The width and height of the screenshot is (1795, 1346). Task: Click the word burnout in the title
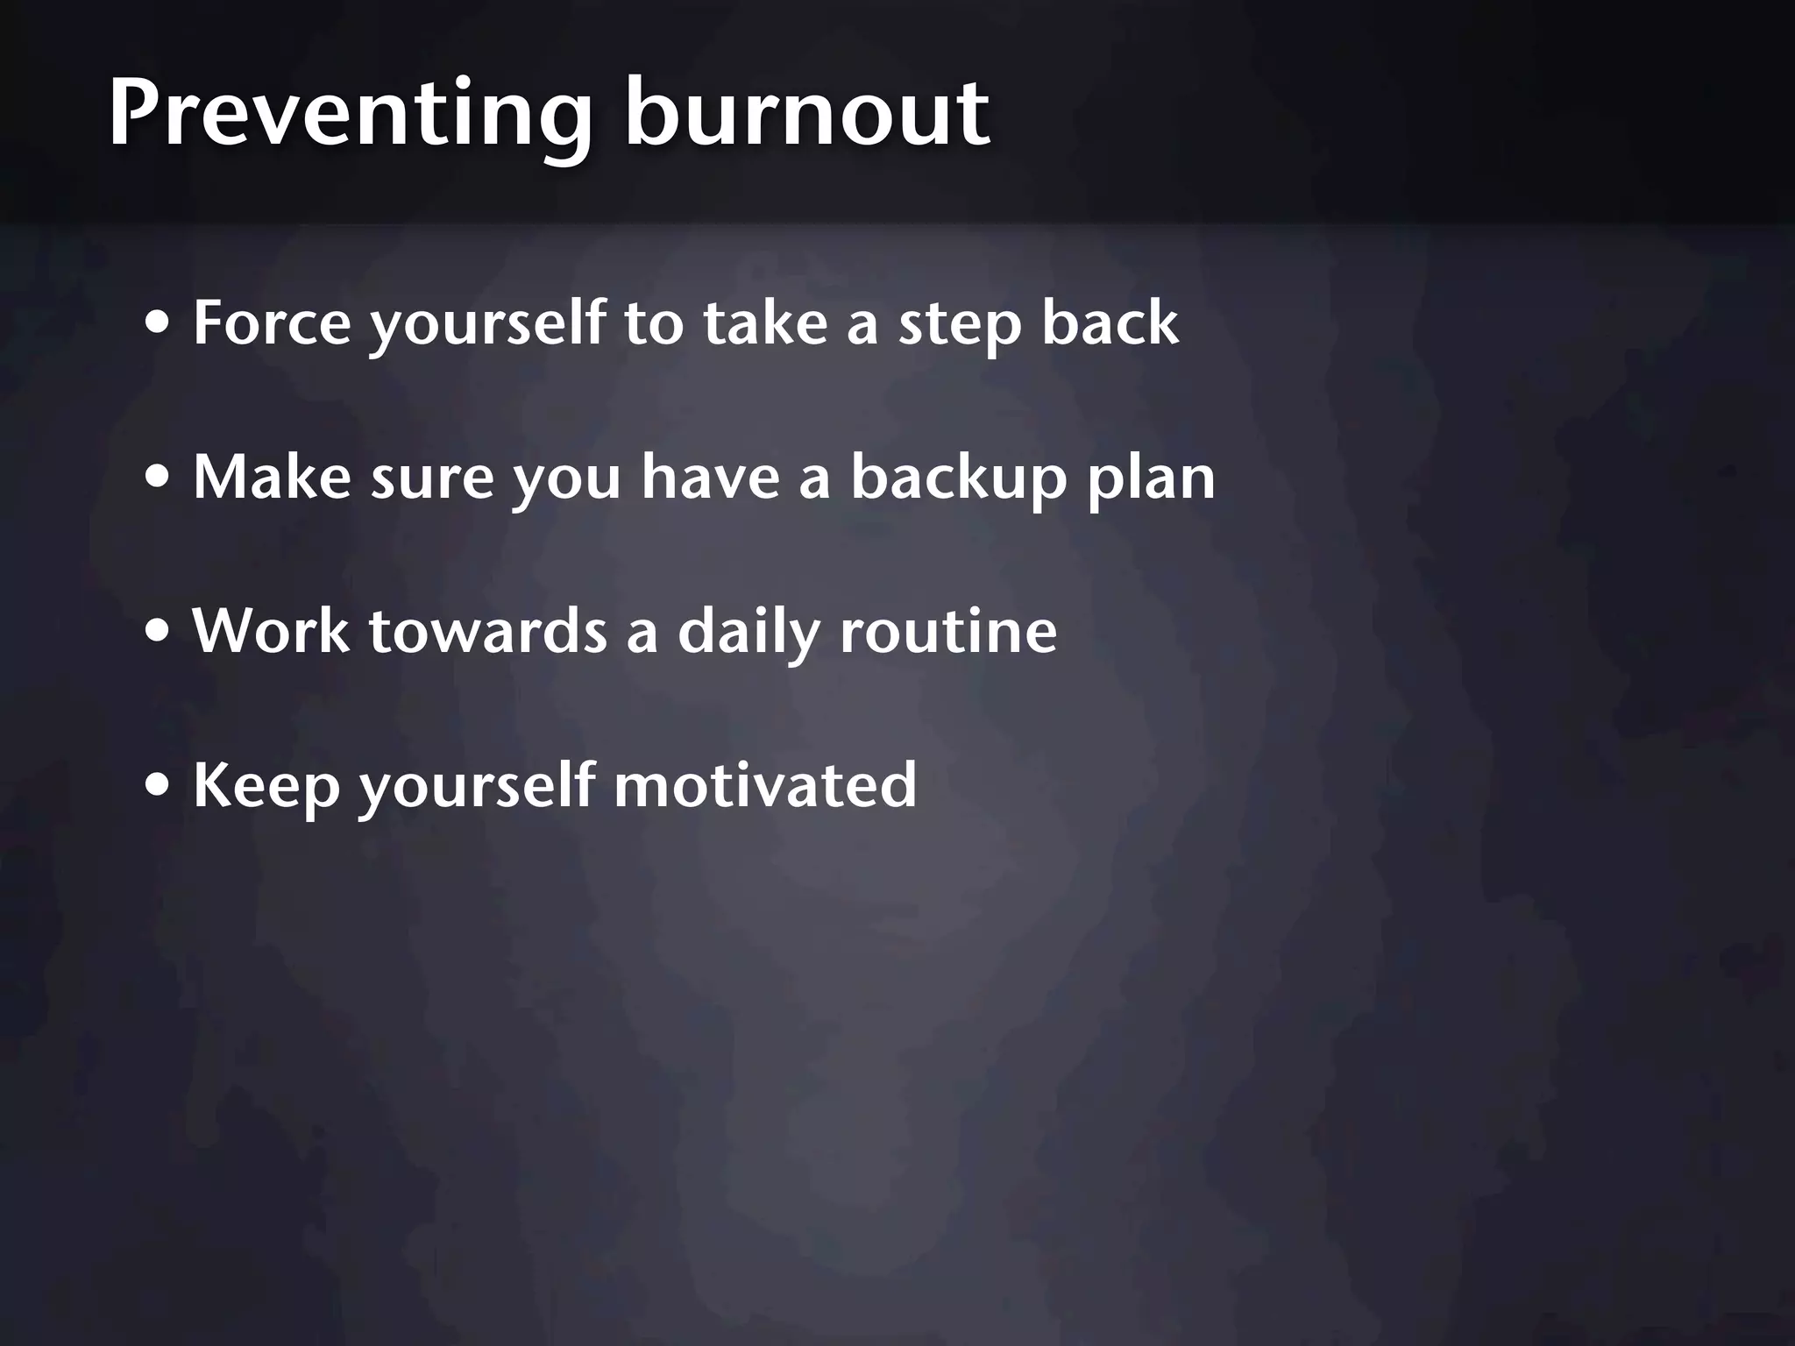pos(806,114)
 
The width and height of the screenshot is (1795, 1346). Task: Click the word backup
pos(960,478)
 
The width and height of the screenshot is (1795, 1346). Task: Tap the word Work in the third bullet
pos(270,631)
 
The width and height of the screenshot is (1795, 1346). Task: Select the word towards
pos(488,631)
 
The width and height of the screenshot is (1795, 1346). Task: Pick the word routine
pos(948,631)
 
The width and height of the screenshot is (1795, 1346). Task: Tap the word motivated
pos(765,784)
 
